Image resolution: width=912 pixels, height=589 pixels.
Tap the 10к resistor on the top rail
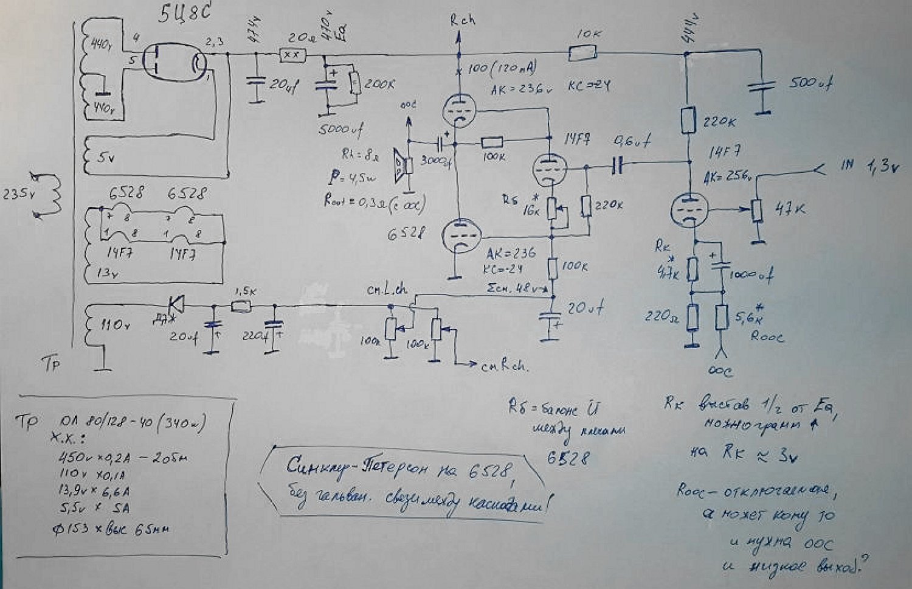click(582, 54)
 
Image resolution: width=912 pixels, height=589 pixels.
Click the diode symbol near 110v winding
click(177, 302)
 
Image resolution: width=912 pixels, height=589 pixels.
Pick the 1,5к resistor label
click(244, 291)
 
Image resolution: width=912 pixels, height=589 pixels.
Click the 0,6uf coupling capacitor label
click(632, 142)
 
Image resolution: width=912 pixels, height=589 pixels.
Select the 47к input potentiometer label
click(790, 209)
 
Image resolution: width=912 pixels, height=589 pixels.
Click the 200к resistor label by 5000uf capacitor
click(379, 85)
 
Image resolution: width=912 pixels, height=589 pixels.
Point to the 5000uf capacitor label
click(341, 129)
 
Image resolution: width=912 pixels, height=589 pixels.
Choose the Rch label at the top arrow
click(462, 20)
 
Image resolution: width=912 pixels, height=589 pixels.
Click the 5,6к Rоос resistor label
click(748, 316)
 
